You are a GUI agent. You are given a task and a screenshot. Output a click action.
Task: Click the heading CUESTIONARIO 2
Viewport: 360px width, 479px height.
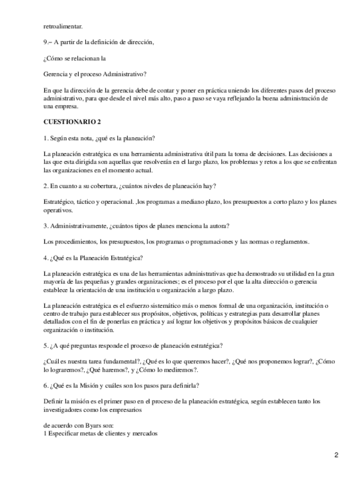[73, 121]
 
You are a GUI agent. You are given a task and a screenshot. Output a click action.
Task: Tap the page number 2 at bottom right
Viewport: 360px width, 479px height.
[336, 455]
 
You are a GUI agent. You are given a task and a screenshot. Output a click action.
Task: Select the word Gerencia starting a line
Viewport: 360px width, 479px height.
[56, 73]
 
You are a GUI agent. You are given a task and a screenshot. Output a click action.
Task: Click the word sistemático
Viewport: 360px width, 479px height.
[162, 306]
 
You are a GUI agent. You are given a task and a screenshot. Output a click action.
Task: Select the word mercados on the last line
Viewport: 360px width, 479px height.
[142, 433]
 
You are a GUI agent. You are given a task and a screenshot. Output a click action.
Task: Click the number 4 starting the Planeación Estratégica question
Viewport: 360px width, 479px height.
[45, 258]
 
